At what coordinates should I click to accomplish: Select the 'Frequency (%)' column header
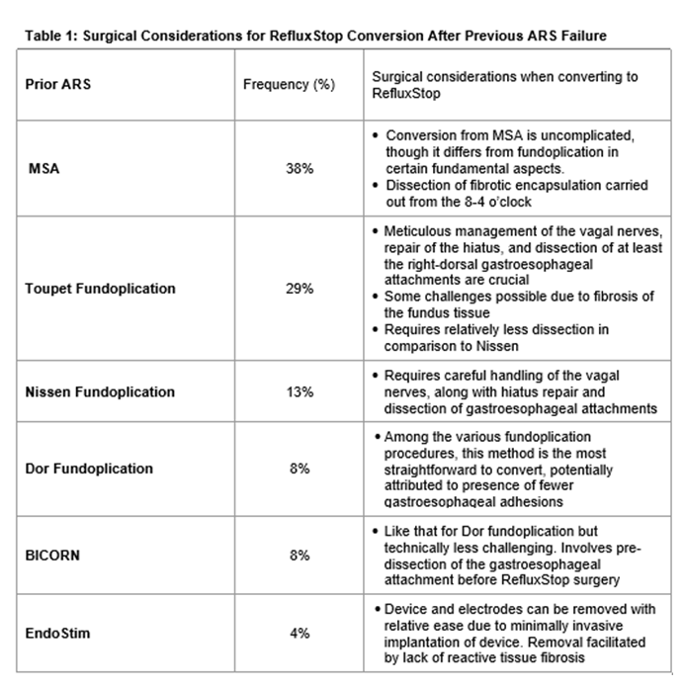(289, 84)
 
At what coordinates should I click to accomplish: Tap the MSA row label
(43, 169)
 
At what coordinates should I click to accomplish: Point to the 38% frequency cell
(300, 169)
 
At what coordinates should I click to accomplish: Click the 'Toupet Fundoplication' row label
(100, 289)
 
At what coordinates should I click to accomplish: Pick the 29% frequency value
(300, 289)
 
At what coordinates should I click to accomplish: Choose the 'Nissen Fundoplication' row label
(100, 391)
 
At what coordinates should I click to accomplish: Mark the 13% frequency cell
(300, 391)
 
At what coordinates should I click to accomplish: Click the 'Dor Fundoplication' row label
(89, 469)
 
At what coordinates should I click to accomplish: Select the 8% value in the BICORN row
(300, 556)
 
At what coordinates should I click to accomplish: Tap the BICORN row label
(53, 556)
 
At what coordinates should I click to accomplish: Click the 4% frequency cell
(300, 633)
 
